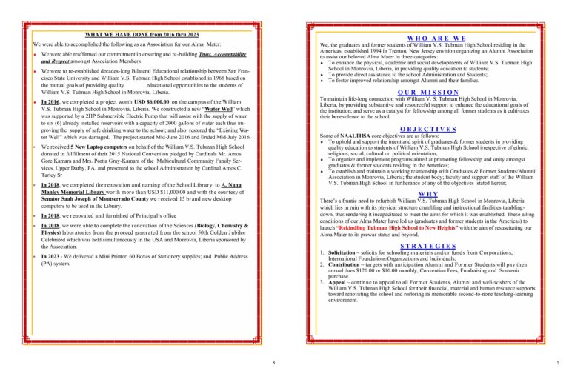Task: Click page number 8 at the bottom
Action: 273,362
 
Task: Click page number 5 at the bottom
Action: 558,362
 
